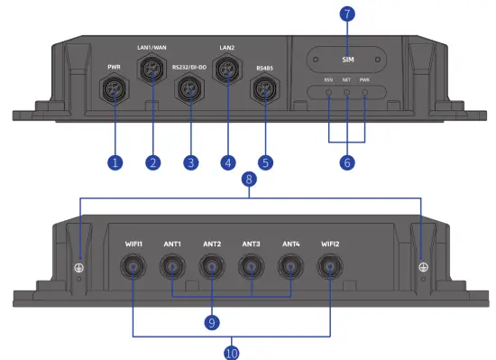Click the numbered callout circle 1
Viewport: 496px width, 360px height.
(115, 163)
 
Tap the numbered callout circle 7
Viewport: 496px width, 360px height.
(348, 15)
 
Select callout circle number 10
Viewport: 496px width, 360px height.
(233, 352)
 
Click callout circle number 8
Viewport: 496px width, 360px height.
(248, 180)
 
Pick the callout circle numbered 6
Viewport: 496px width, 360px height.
(348, 163)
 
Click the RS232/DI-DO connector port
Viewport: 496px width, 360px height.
(189, 88)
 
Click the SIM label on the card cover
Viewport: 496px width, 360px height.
(348, 59)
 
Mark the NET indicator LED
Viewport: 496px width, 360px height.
(348, 93)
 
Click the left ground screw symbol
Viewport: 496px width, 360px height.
(79, 267)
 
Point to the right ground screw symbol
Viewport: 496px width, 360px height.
(421, 267)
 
